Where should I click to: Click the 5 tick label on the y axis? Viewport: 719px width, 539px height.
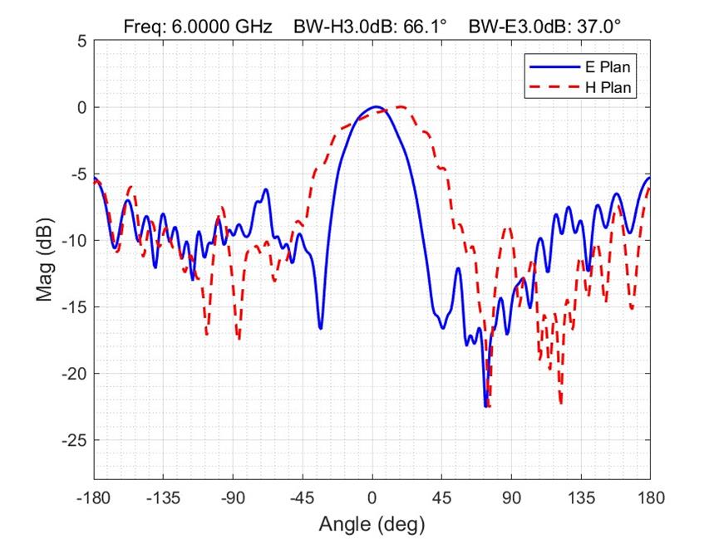click(x=80, y=41)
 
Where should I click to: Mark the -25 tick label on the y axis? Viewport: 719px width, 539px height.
click(x=72, y=440)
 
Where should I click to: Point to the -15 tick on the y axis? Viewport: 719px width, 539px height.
click(x=72, y=307)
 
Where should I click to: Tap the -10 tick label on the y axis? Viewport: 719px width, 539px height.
click(x=72, y=241)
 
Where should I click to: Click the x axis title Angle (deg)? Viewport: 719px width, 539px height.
click(x=372, y=525)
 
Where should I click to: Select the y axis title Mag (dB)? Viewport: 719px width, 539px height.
click(x=46, y=260)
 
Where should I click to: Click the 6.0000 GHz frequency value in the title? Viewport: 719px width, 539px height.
click(x=221, y=27)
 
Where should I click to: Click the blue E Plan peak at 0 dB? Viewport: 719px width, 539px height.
click(x=375, y=107)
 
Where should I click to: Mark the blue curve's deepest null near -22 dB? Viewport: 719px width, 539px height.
click(x=486, y=406)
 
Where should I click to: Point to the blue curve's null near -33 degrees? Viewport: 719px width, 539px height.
click(x=321, y=328)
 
